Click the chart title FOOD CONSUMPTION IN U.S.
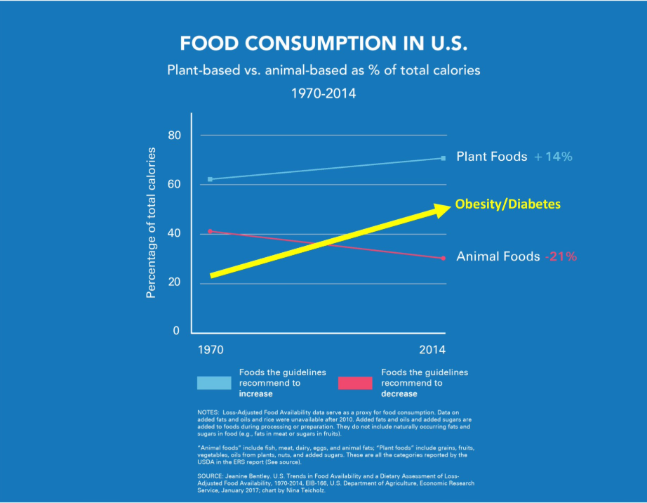click(323, 44)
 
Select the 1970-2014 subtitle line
click(323, 93)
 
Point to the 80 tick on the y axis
click(174, 135)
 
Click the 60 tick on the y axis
click(174, 184)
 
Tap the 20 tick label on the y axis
click(174, 282)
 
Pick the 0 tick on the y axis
click(177, 330)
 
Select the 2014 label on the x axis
click(432, 349)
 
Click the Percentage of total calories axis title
click(151, 223)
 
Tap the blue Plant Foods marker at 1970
click(210, 179)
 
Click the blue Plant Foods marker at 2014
click(443, 158)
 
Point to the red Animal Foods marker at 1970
click(210, 231)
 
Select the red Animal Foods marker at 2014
click(443, 258)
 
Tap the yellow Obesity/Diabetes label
click(508, 204)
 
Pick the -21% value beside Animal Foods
click(561, 256)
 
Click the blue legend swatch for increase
click(214, 383)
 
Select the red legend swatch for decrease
click(355, 383)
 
